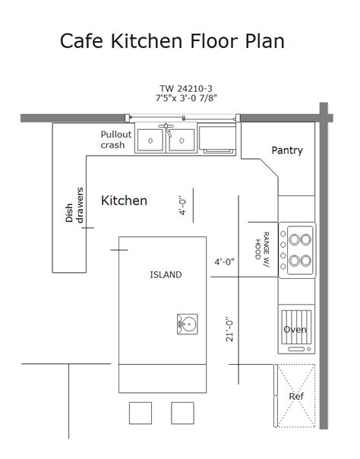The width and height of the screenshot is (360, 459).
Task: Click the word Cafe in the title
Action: pyautogui.click(x=81, y=41)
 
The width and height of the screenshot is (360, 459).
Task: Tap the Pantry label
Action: pyautogui.click(x=287, y=150)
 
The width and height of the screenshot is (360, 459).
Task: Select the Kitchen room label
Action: pyautogui.click(x=124, y=201)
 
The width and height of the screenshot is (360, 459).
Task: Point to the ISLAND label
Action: pyautogui.click(x=166, y=274)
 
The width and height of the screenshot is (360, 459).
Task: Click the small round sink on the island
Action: pyautogui.click(x=187, y=324)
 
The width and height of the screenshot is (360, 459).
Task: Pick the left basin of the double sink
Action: pyautogui.click(x=150, y=141)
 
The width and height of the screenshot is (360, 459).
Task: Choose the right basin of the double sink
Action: pyautogui.click(x=182, y=141)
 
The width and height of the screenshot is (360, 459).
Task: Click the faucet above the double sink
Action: pyautogui.click(x=166, y=129)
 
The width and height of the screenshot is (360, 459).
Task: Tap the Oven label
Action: pyautogui.click(x=295, y=330)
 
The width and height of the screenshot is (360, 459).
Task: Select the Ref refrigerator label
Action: pyautogui.click(x=296, y=397)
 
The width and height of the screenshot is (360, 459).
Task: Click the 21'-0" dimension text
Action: pyautogui.click(x=229, y=329)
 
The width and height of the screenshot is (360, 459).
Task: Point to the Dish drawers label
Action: pyautogui.click(x=74, y=205)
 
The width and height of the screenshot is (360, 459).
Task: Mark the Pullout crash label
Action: pyautogui.click(x=116, y=140)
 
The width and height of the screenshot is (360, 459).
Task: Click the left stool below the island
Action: pyautogui.click(x=141, y=413)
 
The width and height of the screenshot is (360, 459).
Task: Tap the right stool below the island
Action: pyautogui.click(x=182, y=413)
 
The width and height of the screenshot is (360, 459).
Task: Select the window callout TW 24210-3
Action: pyautogui.click(x=186, y=88)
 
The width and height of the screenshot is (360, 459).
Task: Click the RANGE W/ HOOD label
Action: pyautogui.click(x=262, y=249)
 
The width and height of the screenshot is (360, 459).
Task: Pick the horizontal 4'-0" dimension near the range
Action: pyautogui.click(x=225, y=261)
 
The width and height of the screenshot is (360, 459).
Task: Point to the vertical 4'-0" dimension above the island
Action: pyautogui.click(x=182, y=205)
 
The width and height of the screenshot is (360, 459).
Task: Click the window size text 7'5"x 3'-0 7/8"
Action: pyautogui.click(x=186, y=98)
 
